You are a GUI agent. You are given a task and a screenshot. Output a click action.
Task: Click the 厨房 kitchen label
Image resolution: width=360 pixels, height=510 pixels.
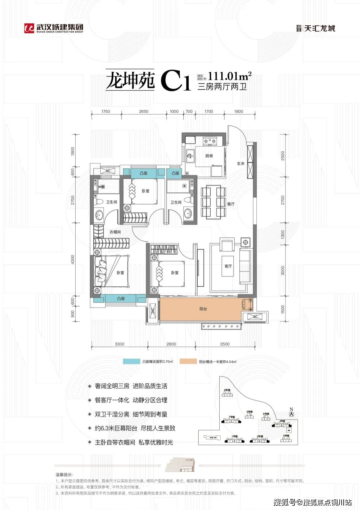click(x=209, y=156)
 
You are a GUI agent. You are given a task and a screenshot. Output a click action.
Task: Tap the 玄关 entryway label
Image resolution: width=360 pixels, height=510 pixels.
click(x=241, y=163)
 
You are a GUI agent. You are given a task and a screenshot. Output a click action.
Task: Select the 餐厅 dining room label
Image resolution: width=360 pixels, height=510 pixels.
click(x=231, y=204)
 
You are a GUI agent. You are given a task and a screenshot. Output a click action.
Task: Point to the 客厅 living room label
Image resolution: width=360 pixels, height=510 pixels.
click(x=228, y=266)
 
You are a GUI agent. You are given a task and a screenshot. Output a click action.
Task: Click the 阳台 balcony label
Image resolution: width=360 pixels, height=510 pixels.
click(x=203, y=309)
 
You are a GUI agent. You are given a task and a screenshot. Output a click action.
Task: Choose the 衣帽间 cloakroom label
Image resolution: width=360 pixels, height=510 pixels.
click(x=115, y=232)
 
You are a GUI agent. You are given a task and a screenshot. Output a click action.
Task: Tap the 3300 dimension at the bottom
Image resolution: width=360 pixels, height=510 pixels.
click(x=119, y=344)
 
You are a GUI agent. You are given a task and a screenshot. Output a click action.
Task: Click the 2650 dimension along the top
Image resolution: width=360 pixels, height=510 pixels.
click(x=144, y=111)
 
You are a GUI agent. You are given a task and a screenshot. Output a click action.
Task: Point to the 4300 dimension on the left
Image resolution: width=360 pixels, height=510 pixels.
click(x=73, y=260)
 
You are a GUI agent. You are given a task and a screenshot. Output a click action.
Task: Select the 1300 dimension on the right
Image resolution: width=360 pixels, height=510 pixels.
click(x=283, y=234)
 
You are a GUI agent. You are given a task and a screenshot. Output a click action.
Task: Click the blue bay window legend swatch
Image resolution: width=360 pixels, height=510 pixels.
click(x=131, y=361)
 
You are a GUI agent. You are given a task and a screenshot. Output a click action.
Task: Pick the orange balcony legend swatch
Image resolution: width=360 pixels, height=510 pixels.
click(x=188, y=361)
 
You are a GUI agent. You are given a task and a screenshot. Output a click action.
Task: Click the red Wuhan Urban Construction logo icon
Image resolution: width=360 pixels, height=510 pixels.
click(x=29, y=28)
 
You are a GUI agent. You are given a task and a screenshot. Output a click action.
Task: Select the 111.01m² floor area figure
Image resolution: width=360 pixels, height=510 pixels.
click(x=229, y=76)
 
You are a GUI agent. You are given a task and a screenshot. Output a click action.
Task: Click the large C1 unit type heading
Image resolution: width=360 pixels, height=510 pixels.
click(x=175, y=81)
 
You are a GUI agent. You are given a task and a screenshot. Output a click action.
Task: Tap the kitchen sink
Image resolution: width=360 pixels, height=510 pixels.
click(x=191, y=155)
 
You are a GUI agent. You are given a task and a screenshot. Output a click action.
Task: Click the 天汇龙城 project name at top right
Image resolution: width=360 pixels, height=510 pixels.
click(x=319, y=28)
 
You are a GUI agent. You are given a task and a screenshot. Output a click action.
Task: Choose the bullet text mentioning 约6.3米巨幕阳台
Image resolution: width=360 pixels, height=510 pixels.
click(x=135, y=428)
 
